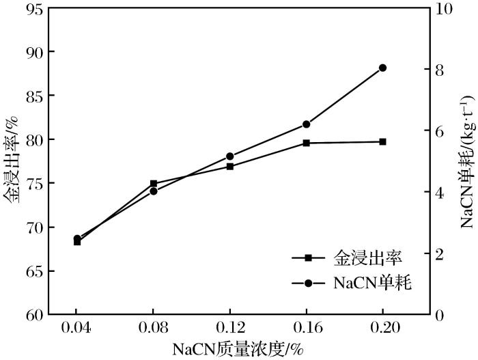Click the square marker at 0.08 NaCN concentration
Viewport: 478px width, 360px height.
tap(154, 184)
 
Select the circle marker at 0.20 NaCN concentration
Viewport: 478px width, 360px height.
tap(382, 68)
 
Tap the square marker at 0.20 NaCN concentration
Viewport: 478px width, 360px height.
tap(382, 141)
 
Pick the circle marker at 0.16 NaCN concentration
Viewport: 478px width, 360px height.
tap(306, 124)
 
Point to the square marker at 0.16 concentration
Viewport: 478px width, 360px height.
tap(306, 143)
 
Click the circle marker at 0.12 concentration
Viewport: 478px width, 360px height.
tap(229, 156)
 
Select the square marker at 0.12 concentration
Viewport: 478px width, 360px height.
tap(229, 166)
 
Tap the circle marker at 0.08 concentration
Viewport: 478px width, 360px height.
tap(154, 191)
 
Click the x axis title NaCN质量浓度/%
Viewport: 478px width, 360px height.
tap(238, 349)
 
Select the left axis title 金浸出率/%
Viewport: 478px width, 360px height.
tap(10, 161)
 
